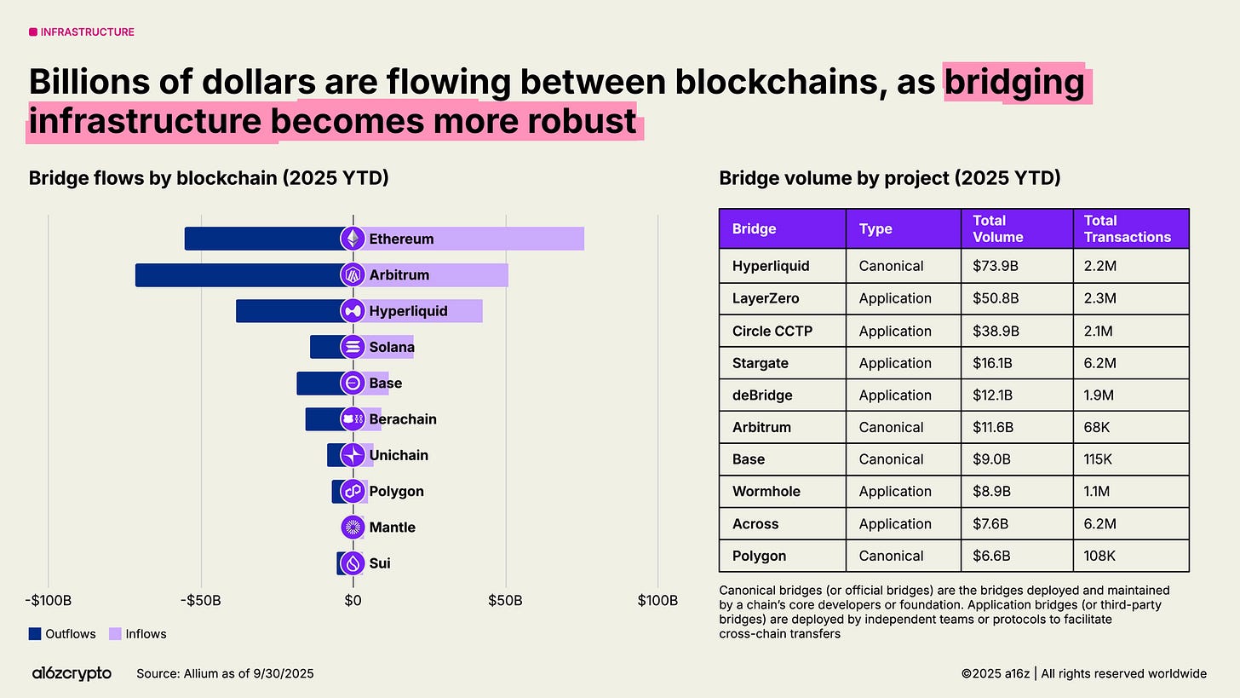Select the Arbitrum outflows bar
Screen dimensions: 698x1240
[x=238, y=275]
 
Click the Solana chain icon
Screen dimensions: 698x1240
[x=353, y=347]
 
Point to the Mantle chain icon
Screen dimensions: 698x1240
[x=353, y=528]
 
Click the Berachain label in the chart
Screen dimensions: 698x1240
[x=403, y=419]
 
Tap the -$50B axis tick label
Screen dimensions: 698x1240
[x=201, y=601]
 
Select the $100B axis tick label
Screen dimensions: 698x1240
[x=657, y=601]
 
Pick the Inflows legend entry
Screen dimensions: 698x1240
[x=137, y=634]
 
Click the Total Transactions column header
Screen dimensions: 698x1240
[x=1127, y=228]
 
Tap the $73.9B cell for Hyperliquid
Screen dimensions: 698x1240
[x=996, y=266]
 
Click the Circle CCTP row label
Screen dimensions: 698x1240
[x=772, y=331]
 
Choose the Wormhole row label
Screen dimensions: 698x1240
[x=766, y=491]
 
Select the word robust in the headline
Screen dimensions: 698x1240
[x=578, y=121]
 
